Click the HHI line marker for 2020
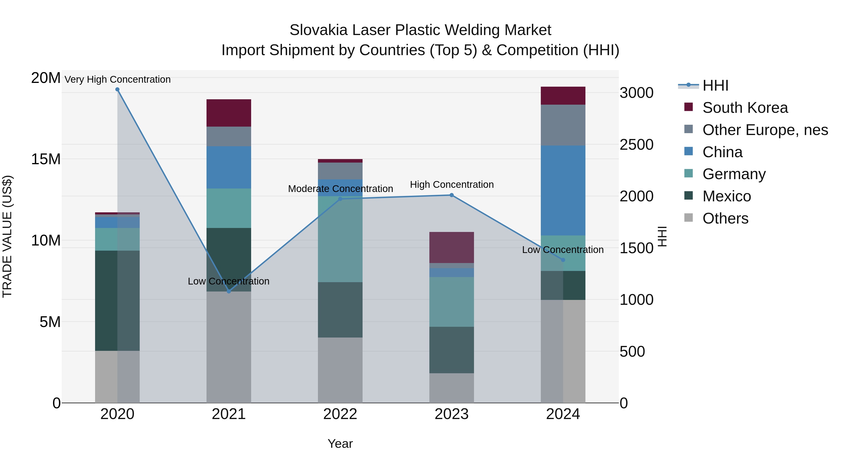click(118, 89)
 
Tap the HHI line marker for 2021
click(229, 292)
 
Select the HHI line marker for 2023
click(452, 195)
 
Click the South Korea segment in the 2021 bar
click(229, 113)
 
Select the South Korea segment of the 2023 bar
click(452, 247)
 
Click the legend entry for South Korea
click(745, 108)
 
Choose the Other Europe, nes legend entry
click(765, 130)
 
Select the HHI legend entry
click(715, 85)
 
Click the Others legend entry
click(725, 218)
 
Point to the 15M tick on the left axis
click(46, 159)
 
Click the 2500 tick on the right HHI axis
click(636, 145)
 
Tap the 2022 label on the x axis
click(340, 414)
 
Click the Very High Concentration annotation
click(118, 79)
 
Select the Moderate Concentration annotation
click(340, 189)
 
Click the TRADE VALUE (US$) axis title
click(7, 236)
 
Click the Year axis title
click(340, 444)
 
